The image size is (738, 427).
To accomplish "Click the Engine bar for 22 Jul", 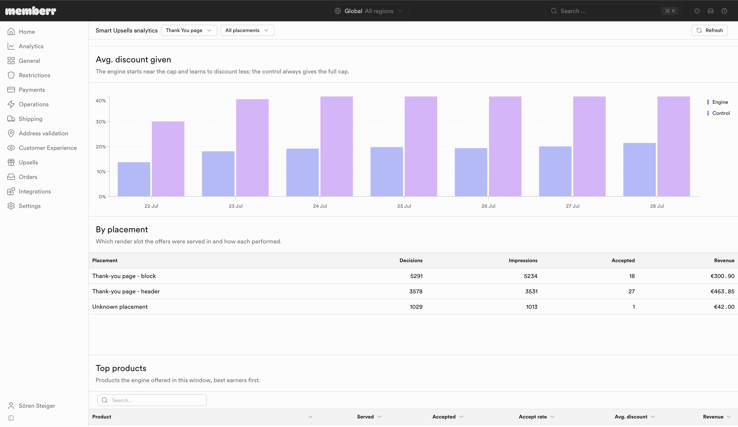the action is point(134,179).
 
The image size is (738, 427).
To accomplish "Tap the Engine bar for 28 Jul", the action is point(639,170).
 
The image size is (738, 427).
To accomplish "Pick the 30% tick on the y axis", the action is point(101,121).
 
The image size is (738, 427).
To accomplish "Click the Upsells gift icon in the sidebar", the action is point(11,162).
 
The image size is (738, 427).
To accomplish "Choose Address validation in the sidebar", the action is point(43,133).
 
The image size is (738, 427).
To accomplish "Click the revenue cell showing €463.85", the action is point(722,291).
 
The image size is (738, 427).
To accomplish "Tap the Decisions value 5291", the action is point(416,276).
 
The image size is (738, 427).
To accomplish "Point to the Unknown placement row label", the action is point(120,307).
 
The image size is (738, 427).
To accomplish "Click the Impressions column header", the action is point(523,260).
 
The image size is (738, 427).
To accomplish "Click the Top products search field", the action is point(152,400).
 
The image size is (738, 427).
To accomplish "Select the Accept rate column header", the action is point(533,417).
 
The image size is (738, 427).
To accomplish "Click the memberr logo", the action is point(31,11).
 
